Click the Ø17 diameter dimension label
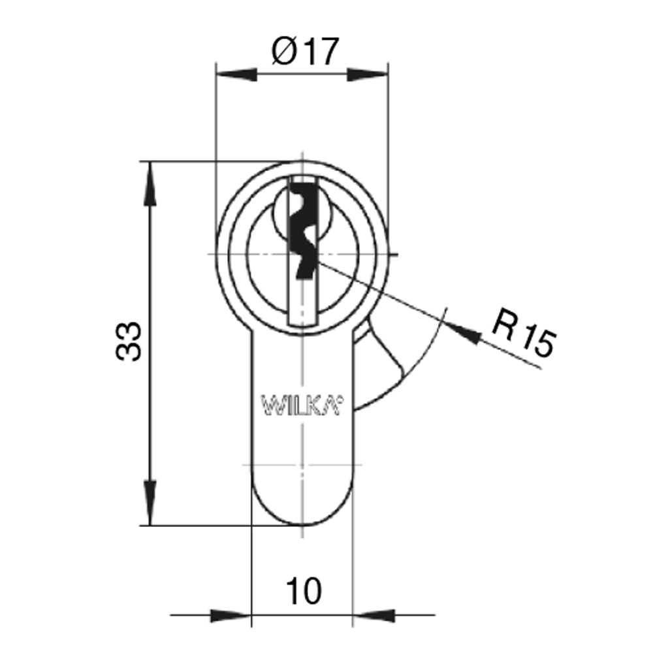(305, 52)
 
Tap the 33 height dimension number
(129, 341)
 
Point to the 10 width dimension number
(304, 591)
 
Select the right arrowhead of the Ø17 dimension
(368, 74)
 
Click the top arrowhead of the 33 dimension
(150, 183)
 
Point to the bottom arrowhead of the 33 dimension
(150, 503)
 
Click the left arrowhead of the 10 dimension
(231, 616)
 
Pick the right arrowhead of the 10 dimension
(374, 616)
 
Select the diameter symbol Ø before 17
(285, 52)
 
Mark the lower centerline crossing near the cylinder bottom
(302, 464)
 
